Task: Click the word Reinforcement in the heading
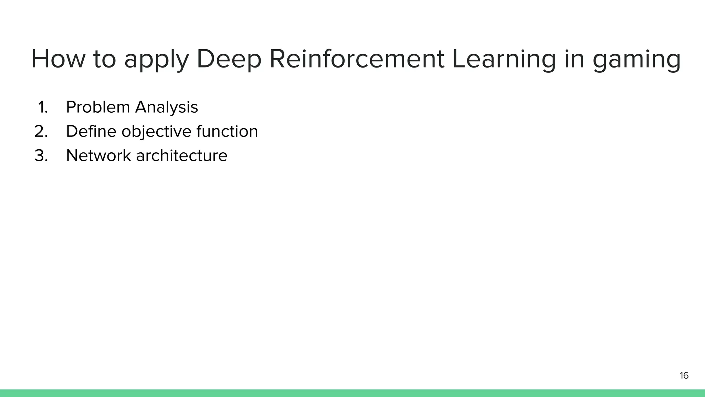coord(357,59)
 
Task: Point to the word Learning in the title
coord(504,59)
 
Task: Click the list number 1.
coord(42,107)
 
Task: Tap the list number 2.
coord(41,132)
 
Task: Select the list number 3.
coord(41,156)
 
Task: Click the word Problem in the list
coord(98,107)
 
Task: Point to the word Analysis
coord(167,107)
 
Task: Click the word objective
coord(156,132)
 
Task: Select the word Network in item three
coord(98,156)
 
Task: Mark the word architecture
coord(182,156)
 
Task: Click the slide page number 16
coord(684,376)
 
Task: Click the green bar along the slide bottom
coord(352,393)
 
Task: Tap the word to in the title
coord(105,59)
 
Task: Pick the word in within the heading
coord(574,59)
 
